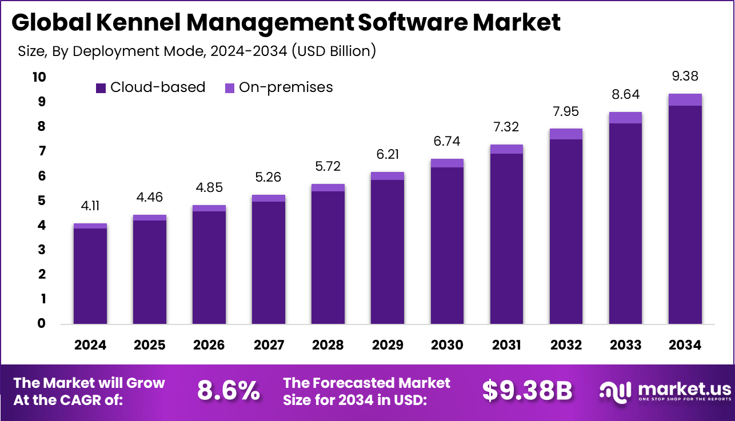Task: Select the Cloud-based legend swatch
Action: point(101,87)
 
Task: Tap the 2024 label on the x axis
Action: point(90,346)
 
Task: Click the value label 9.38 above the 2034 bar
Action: point(685,77)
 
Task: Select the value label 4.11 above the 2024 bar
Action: point(90,206)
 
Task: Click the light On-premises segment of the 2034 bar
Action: point(685,99)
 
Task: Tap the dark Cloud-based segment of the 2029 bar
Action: point(388,251)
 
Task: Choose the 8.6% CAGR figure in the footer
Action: point(228,391)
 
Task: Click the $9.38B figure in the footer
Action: point(527,391)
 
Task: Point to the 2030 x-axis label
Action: point(447,346)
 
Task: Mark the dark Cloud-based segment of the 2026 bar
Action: point(209,267)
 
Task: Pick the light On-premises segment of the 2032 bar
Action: point(566,134)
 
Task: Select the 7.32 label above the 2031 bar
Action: point(506,127)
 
